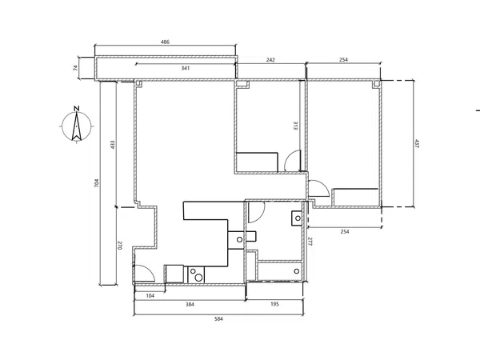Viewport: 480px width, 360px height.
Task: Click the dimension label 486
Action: (165, 42)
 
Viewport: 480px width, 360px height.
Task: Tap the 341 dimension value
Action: (186, 68)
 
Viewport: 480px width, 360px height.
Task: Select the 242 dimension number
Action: (270, 60)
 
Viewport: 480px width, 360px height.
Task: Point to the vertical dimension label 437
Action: (416, 143)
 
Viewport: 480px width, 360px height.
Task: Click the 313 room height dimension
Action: (295, 126)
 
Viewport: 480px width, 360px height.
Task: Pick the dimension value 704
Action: (97, 183)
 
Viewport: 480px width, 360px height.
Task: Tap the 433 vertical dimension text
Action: (112, 145)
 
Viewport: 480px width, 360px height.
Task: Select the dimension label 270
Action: (120, 246)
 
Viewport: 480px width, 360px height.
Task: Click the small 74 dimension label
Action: (75, 68)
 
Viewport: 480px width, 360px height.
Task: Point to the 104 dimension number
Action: (150, 296)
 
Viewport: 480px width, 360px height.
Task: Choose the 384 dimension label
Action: (190, 304)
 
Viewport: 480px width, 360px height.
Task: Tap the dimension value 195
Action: (275, 304)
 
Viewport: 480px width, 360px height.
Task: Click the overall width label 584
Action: (218, 319)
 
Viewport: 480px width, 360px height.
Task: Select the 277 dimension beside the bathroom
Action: (310, 242)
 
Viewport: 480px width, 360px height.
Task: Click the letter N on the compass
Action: (77, 108)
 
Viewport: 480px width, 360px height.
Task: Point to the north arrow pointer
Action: (77, 126)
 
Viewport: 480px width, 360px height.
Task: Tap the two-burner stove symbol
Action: (196, 274)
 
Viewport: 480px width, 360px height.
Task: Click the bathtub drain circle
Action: (296, 271)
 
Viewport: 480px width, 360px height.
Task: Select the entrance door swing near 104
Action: (145, 273)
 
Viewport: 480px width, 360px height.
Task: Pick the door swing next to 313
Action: (292, 161)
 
